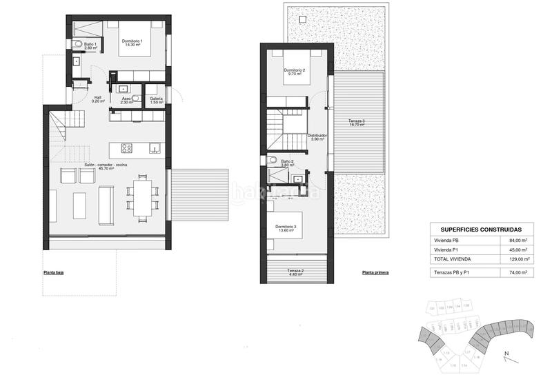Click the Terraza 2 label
tap(297, 271)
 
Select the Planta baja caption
tap(53, 273)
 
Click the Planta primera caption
tap(375, 273)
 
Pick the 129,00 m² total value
tap(516, 259)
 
